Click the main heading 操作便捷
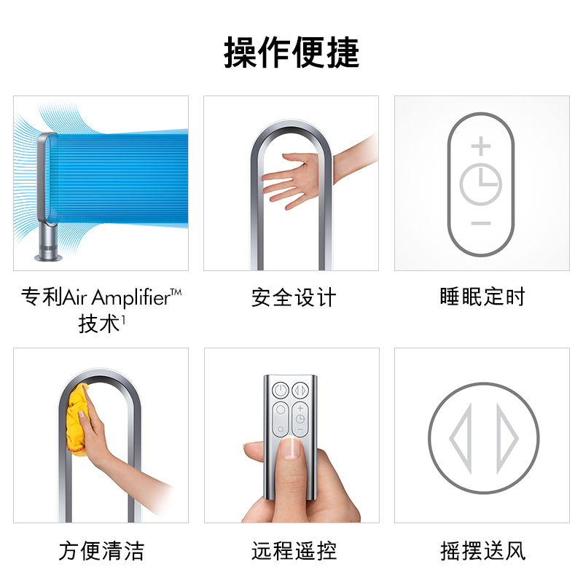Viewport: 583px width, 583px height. point(291,52)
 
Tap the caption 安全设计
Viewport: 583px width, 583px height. point(294,297)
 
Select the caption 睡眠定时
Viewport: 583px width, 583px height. point(482,297)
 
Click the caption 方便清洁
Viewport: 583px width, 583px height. point(101,551)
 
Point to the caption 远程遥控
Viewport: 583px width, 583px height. point(294,551)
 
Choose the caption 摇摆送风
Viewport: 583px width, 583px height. point(482,551)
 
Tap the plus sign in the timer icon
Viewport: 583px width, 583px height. point(481,146)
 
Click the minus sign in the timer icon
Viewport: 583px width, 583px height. point(481,223)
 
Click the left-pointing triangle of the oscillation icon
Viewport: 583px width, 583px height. point(461,439)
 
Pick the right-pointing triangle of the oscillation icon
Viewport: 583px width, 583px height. point(507,439)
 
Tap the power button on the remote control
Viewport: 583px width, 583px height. point(281,391)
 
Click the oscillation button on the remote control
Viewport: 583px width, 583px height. point(300,391)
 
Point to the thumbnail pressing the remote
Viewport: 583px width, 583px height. point(291,448)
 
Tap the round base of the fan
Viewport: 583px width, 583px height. point(48,257)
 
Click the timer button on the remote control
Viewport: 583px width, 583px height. point(300,419)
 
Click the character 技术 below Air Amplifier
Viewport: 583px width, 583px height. point(99,324)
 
